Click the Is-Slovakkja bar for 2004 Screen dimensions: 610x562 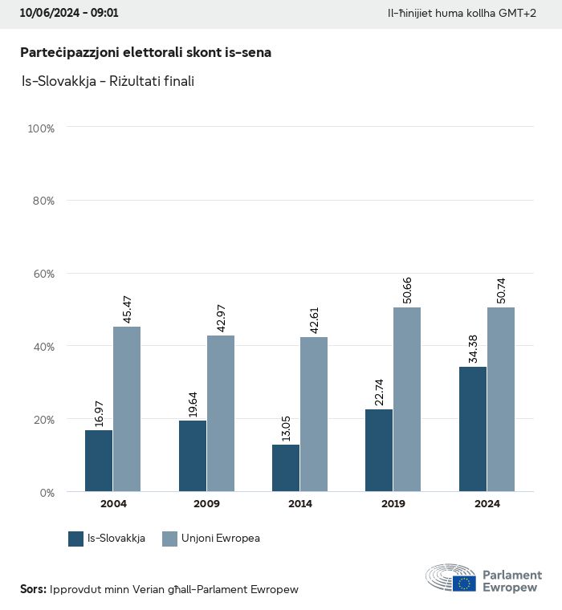(x=99, y=461)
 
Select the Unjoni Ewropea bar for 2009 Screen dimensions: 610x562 (x=220, y=413)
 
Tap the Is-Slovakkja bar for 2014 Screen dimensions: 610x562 (x=286, y=468)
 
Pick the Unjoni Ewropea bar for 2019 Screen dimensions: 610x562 (x=407, y=399)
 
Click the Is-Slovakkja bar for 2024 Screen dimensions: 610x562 (x=473, y=429)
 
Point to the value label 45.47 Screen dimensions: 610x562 (x=127, y=310)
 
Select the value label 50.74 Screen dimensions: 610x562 (x=501, y=291)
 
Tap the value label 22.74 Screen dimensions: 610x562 (x=379, y=392)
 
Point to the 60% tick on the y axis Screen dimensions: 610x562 (x=42, y=274)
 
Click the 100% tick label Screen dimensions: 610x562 (x=40, y=128)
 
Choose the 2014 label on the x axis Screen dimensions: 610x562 (x=300, y=504)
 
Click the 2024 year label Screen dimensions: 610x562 (x=487, y=504)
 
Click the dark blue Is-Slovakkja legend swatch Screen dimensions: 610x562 (x=76, y=539)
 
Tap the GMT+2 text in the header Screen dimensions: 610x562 (x=519, y=14)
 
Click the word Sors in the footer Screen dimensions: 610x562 (x=32, y=589)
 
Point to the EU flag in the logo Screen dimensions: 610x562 (x=464, y=584)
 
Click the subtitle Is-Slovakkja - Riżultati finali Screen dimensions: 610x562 (x=108, y=81)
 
